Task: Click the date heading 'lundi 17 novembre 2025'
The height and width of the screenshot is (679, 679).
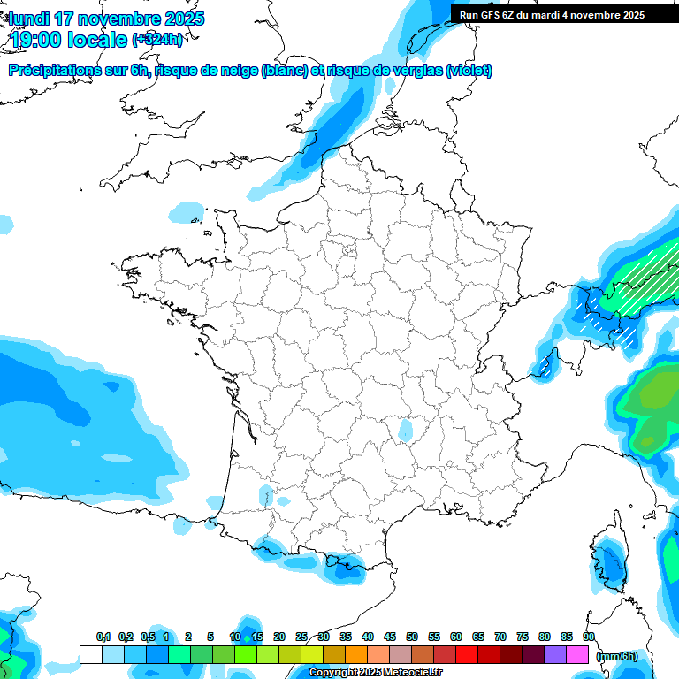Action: tap(106, 19)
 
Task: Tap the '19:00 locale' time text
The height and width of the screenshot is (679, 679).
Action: tap(67, 40)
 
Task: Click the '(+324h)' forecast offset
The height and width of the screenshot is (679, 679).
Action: tap(157, 40)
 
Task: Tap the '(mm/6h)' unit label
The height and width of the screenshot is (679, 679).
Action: tap(616, 656)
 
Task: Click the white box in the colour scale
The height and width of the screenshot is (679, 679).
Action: tap(90, 655)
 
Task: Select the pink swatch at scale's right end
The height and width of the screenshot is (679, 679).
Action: tap(577, 655)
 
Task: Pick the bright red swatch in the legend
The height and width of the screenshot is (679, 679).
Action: tap(467, 655)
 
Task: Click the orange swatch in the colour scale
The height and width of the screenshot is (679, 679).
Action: tap(356, 655)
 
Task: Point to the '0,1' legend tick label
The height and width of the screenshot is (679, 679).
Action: tap(103, 637)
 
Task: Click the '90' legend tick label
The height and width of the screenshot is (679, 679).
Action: tap(588, 637)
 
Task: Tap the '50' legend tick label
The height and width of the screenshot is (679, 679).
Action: tap(412, 637)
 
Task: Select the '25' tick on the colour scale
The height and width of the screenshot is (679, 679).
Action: tap(301, 637)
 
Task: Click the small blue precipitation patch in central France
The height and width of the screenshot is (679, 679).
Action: tap(406, 431)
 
